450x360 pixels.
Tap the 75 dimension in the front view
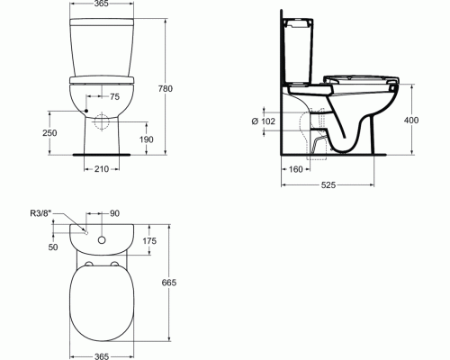coord(113,96)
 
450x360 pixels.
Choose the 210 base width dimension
coord(103,167)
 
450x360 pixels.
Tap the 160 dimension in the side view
coord(295,167)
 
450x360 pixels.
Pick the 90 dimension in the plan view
coord(113,213)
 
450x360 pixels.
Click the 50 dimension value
coord(52,246)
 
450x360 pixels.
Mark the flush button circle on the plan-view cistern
coord(103,241)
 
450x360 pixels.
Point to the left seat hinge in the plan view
coord(87,266)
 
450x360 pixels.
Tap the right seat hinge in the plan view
coord(118,266)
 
